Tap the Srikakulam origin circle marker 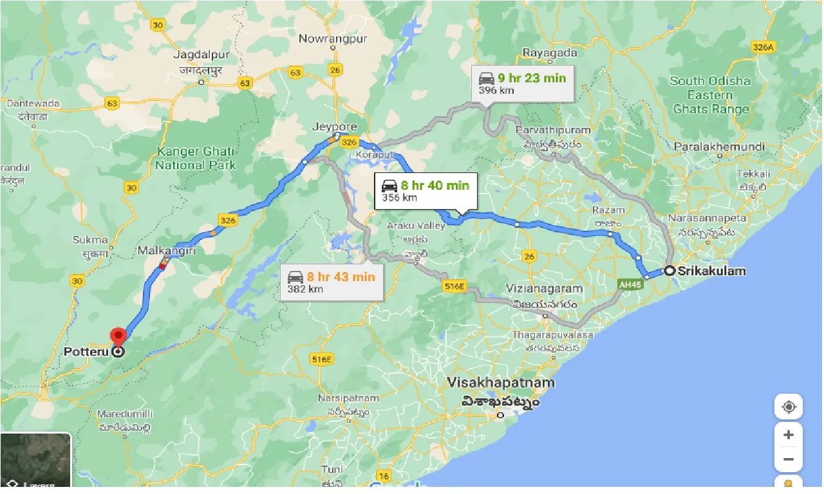click(x=669, y=271)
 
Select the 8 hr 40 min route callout click(x=426, y=191)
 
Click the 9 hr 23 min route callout click(x=522, y=84)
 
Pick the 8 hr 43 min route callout click(x=332, y=282)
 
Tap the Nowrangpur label click(x=333, y=39)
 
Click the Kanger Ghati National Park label click(x=196, y=158)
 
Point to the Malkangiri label click(x=167, y=250)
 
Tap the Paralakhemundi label click(x=719, y=147)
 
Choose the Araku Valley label click(x=416, y=226)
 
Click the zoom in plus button click(x=788, y=435)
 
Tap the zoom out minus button click(x=788, y=460)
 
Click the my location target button click(x=788, y=407)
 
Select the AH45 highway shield click(x=632, y=284)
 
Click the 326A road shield click(x=764, y=47)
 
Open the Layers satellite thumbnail click(x=35, y=460)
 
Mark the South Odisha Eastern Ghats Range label click(x=710, y=95)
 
